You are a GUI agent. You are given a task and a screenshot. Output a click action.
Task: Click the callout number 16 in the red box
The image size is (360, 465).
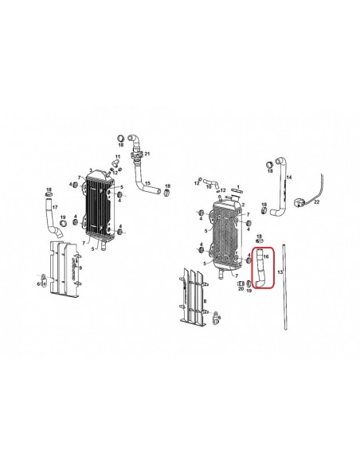pyautogui.click(x=267, y=256)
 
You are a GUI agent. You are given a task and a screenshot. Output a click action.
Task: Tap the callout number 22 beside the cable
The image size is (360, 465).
pyautogui.click(x=316, y=202)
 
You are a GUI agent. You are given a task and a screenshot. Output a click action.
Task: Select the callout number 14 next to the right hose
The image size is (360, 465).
pyautogui.click(x=288, y=178)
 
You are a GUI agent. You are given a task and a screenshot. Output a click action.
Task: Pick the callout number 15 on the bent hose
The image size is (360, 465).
pyautogui.click(x=147, y=183)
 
